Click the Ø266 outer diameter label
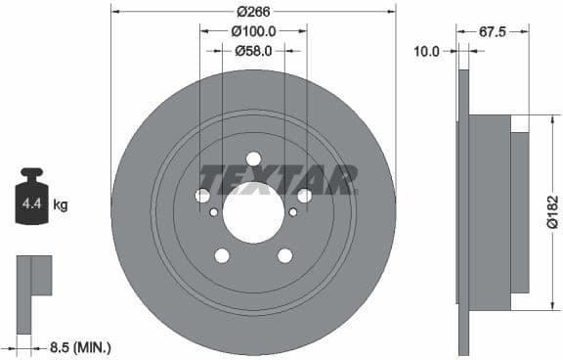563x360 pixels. point(253,13)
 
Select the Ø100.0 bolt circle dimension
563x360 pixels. point(253,31)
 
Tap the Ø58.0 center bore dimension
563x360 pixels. point(253,50)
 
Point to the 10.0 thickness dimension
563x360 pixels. point(427,50)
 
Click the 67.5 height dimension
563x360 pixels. point(492,31)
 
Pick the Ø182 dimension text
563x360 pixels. point(551,212)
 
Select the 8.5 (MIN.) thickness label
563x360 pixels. point(80,346)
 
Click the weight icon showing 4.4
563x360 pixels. point(33,202)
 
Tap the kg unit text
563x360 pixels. point(61,205)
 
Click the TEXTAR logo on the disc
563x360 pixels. point(278,180)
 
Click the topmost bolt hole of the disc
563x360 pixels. point(253,159)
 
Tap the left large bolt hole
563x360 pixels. point(203,196)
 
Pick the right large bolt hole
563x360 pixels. point(304,196)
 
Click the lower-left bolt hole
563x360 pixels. point(222,255)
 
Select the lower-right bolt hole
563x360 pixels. point(284,255)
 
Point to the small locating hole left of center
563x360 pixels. point(214,211)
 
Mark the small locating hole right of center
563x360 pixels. point(293,211)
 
